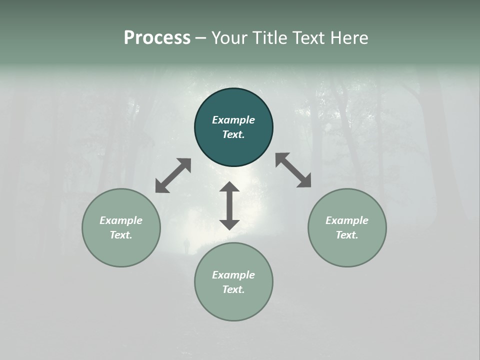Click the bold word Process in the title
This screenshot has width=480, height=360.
[157, 38]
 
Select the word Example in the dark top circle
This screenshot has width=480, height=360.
[233, 120]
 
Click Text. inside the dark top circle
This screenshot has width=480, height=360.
[233, 134]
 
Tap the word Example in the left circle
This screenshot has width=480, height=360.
[121, 220]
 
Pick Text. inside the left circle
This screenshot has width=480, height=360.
[121, 235]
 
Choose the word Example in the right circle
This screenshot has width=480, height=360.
[347, 220]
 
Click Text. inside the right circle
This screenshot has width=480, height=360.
[347, 235]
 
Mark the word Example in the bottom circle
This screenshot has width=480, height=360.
[233, 275]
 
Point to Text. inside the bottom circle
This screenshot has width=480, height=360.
[233, 289]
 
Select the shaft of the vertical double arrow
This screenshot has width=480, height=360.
[229, 205]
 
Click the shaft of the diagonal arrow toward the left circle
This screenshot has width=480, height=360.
[173, 175]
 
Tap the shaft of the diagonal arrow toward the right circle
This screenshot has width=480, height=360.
[293, 170]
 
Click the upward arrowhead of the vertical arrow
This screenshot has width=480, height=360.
[229, 187]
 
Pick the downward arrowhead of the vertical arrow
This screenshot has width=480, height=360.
[229, 224]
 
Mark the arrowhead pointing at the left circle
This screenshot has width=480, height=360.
[160, 187]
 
